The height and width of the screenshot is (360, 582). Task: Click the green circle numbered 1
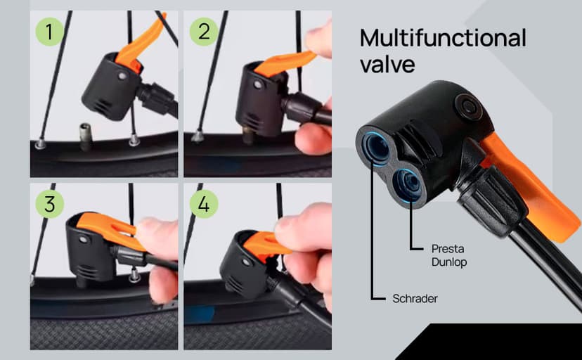pos(49,32)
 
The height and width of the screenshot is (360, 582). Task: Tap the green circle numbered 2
pos(205,32)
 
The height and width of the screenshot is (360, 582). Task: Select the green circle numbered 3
pos(49,204)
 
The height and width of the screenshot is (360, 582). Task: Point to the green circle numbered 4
pos(205,204)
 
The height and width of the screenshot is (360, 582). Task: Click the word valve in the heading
pos(387,65)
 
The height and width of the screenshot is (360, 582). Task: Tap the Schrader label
pos(415,299)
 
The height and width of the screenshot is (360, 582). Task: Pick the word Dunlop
pos(448,262)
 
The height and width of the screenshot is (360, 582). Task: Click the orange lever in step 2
pos(288,60)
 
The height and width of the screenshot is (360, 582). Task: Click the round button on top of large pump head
pos(465,105)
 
